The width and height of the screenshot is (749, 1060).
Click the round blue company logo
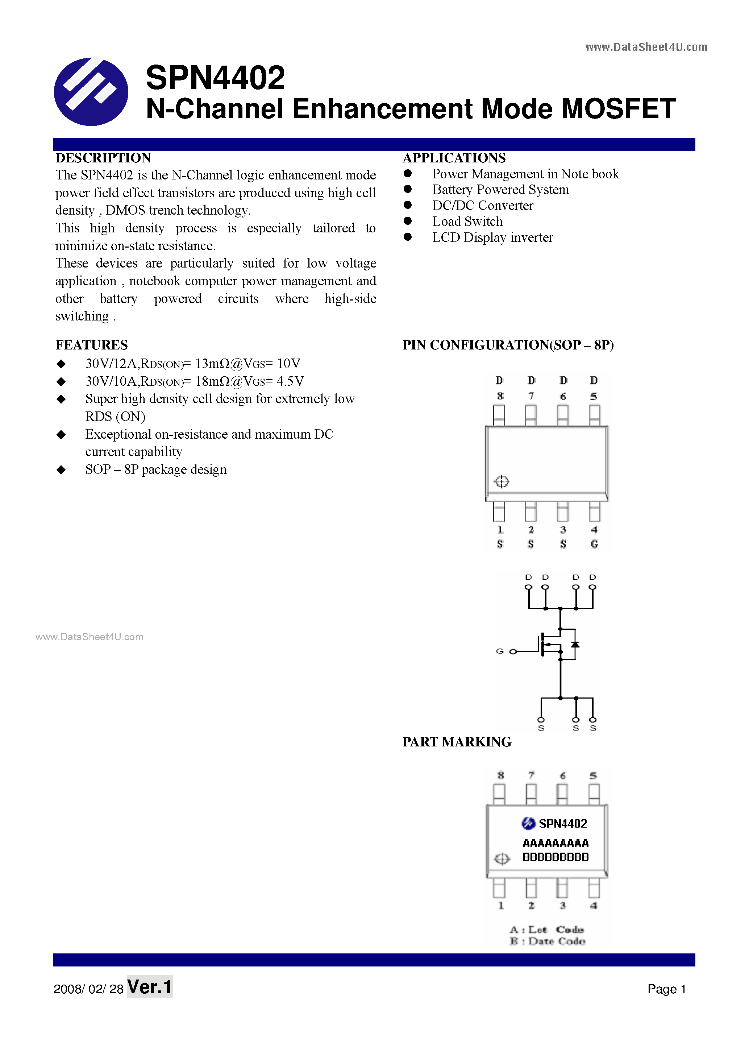click(x=91, y=91)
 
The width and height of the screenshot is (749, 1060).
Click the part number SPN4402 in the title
click(x=215, y=78)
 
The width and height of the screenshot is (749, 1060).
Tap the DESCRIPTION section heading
click(x=103, y=158)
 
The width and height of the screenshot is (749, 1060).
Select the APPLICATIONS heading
click(x=454, y=158)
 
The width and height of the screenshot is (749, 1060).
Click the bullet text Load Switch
click(x=467, y=221)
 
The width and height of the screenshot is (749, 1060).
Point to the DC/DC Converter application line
click(x=482, y=206)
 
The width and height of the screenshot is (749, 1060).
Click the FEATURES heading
click(x=91, y=345)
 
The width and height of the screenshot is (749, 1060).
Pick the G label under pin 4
click(x=594, y=544)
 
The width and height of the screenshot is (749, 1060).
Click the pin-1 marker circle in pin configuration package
click(x=502, y=481)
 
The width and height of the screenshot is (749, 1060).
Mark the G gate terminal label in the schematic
click(x=499, y=651)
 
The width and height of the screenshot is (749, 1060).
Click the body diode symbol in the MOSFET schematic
click(x=575, y=644)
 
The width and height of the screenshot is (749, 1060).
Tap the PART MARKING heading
click(x=457, y=742)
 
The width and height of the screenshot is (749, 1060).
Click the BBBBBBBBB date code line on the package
click(x=555, y=857)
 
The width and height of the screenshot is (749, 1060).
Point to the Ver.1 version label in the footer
click(x=150, y=987)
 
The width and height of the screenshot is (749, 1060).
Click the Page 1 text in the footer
click(x=666, y=989)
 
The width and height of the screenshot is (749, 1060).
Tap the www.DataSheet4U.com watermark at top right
click(x=646, y=47)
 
